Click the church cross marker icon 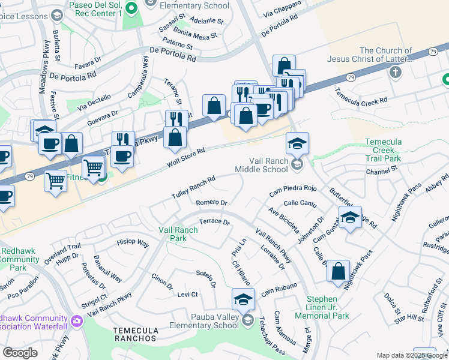point(395,73)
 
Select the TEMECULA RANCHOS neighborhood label point(130,334)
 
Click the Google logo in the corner point(20,353)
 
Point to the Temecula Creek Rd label point(361,97)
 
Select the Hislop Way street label point(133,243)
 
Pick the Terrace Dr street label point(214,221)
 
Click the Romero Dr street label point(211,203)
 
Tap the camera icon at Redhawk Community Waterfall point(76,321)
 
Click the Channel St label point(385,170)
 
